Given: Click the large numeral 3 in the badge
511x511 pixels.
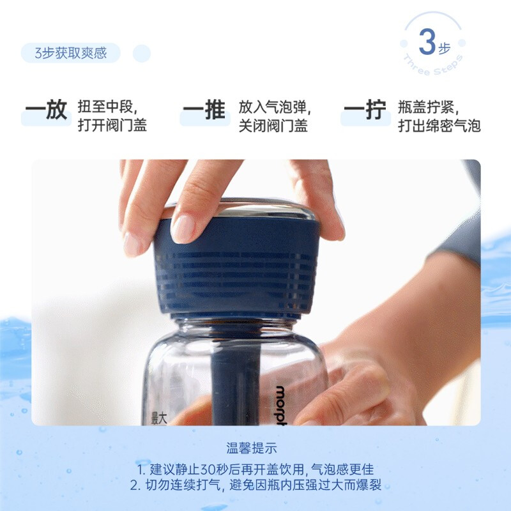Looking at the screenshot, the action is [x=427, y=42].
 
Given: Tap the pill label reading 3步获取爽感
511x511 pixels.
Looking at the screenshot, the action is [x=71, y=53].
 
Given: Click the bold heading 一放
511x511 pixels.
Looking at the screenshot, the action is [x=46, y=109].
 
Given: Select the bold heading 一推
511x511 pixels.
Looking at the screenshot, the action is [x=204, y=109].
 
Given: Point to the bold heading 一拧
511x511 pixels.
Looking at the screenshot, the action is [x=365, y=109].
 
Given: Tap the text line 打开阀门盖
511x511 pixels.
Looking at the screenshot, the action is [x=112, y=125].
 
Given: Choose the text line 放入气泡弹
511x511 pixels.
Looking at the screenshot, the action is [x=275, y=107].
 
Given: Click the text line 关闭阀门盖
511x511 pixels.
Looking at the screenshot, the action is [x=273, y=125].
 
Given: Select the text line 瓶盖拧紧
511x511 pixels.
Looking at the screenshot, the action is [x=428, y=107].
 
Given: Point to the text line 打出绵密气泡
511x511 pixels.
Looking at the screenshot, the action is [x=439, y=125].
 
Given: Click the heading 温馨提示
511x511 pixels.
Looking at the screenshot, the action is [x=252, y=448].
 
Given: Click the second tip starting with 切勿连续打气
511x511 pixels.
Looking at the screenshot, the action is [x=256, y=485].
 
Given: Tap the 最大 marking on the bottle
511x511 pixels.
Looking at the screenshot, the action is [x=159, y=418].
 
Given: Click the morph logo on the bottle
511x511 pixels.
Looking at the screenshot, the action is [x=281, y=406].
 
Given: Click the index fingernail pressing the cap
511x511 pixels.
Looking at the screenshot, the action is [x=183, y=228].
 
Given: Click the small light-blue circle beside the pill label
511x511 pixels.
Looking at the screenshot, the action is [x=142, y=54].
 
